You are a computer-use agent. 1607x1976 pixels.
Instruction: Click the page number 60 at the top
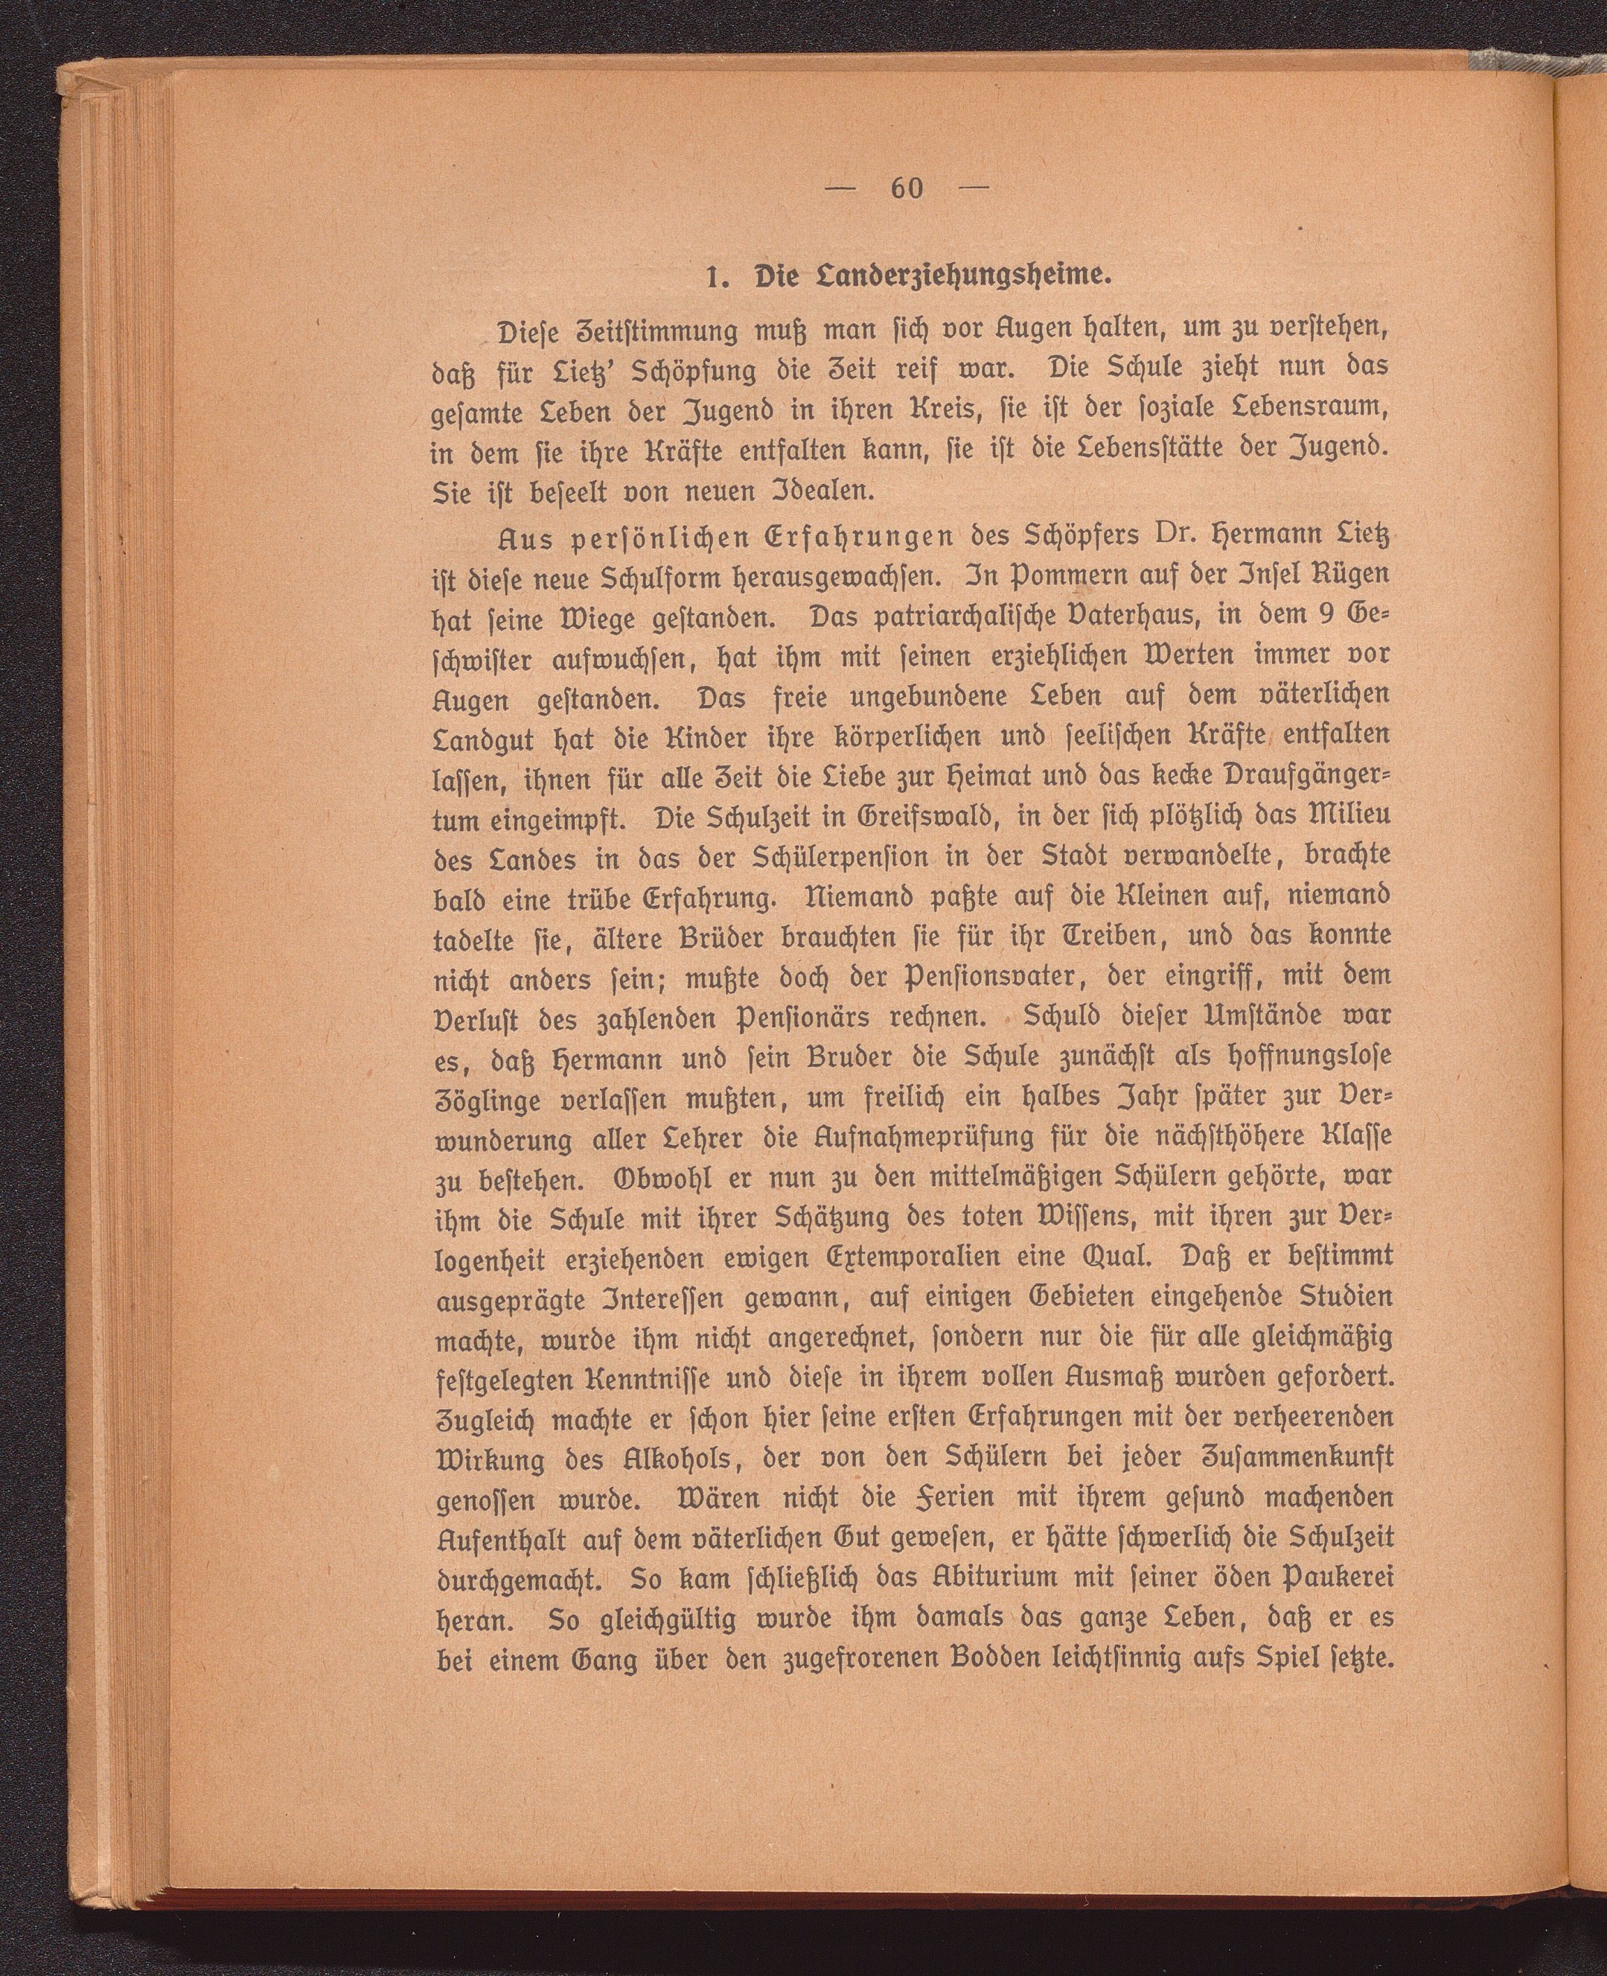click(907, 189)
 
